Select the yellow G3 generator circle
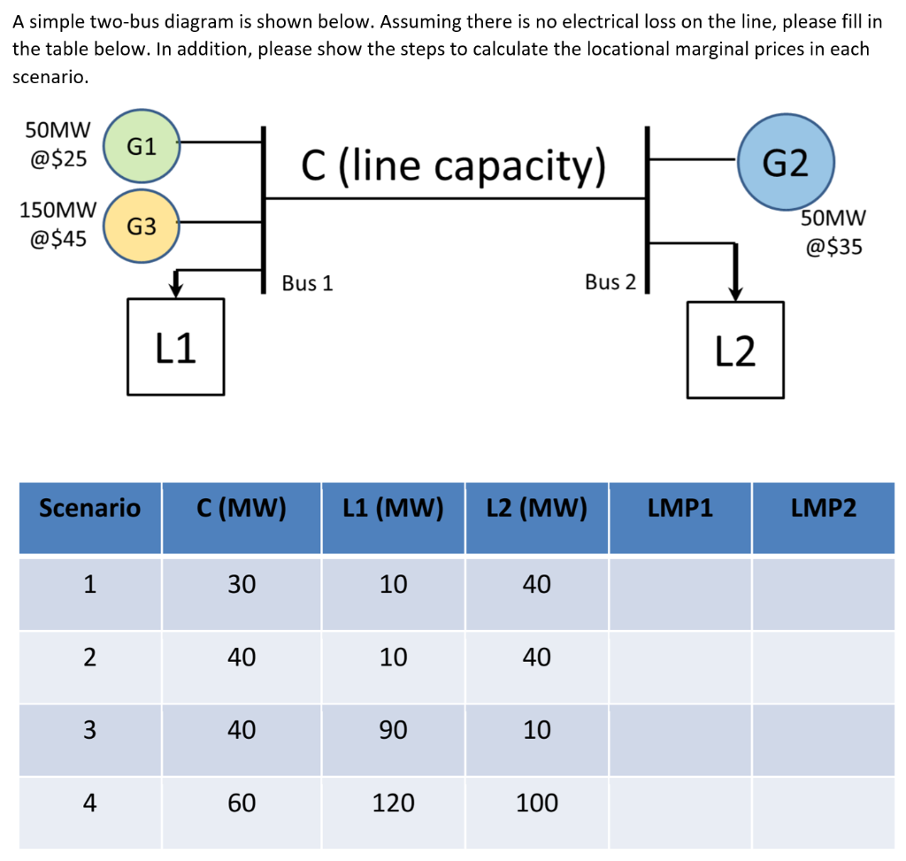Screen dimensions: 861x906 point(142,227)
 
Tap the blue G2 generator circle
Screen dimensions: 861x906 point(785,163)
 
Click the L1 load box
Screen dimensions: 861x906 point(175,346)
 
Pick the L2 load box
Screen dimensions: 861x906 point(735,350)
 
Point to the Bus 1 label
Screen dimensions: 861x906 point(307,283)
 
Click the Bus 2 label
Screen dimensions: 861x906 point(610,282)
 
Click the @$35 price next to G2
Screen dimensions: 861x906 point(833,247)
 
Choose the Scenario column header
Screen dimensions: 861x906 point(89,508)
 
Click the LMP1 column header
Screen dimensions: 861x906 point(679,508)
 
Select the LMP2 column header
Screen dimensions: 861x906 point(824,508)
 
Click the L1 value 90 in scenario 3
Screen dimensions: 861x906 point(393,730)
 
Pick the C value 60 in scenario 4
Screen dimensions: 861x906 point(242,803)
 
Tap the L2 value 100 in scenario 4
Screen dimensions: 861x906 point(536,803)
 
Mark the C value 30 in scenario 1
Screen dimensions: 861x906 point(242,584)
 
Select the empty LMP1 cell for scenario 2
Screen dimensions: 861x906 point(679,657)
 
